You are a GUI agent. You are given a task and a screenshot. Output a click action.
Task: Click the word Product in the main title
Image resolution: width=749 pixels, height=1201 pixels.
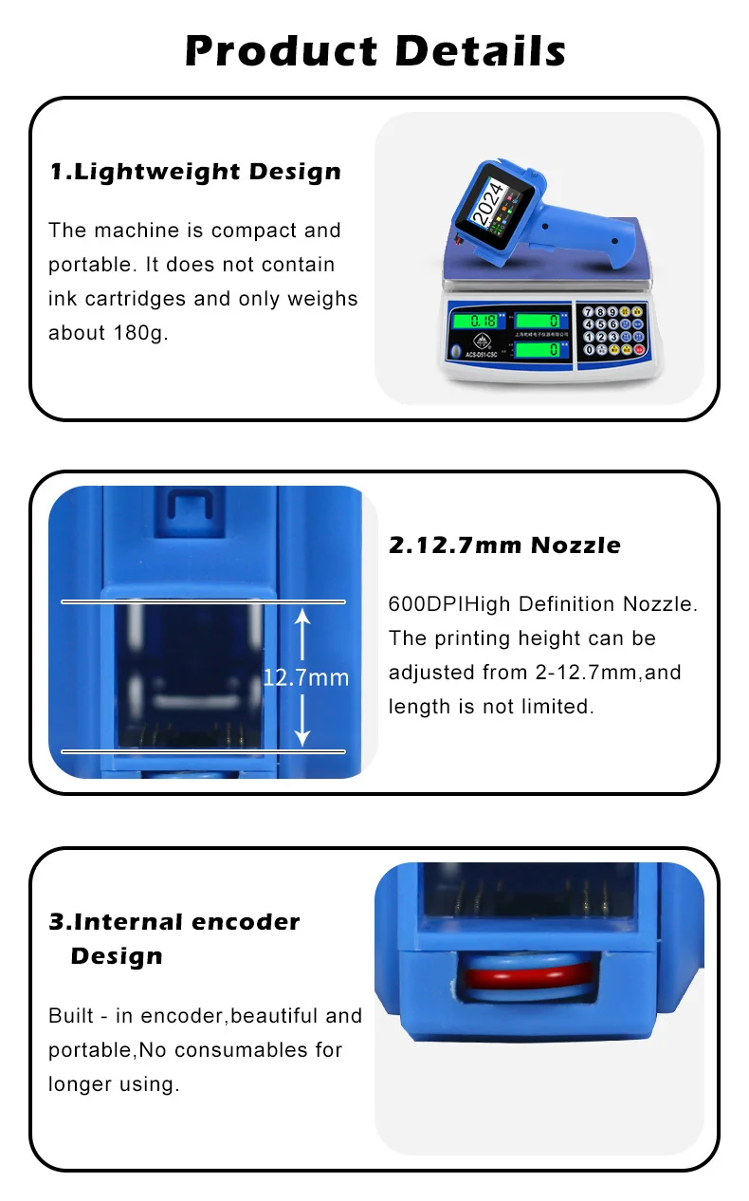coord(281,50)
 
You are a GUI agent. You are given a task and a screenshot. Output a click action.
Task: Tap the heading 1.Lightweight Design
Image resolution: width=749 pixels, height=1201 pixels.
coord(195,172)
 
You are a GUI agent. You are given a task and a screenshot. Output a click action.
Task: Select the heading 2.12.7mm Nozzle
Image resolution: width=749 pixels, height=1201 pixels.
coord(505,545)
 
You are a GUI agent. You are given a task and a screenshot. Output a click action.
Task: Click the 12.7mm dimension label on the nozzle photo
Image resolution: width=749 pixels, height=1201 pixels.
coord(305,677)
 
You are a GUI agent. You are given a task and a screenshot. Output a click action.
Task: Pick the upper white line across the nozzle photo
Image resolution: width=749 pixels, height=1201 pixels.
coord(203,601)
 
